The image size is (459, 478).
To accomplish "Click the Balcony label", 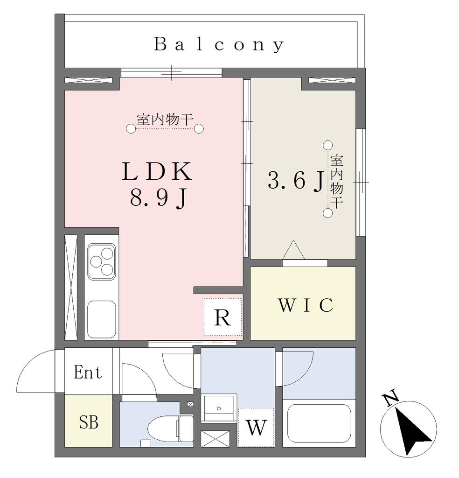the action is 219,44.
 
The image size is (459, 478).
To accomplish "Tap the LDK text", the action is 157,172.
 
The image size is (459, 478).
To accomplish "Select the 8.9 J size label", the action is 158,198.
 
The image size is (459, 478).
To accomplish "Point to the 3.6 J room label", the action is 296,181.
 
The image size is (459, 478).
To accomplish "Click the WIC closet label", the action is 306,305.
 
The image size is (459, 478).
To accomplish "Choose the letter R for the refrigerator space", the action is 223,317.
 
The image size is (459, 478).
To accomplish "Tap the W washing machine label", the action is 256,428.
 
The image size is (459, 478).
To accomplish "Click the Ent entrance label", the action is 88,372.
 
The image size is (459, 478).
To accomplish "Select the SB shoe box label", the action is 89,422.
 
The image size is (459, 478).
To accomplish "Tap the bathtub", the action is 319,423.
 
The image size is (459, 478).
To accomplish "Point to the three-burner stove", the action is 102,261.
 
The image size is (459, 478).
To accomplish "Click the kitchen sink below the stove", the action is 102,319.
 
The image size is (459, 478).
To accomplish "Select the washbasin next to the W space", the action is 219,408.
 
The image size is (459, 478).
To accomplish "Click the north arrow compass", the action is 408,429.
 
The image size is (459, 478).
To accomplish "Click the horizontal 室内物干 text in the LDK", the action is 165,119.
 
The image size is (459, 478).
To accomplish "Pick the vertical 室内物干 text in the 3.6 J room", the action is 337,182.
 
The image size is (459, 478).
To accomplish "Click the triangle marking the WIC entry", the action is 293,250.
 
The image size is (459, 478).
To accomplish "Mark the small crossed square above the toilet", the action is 190,404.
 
